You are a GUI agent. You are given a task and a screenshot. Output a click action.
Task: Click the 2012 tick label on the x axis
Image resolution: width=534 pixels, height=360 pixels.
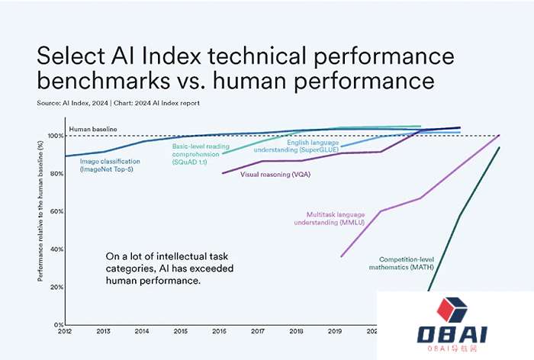(x=66, y=330)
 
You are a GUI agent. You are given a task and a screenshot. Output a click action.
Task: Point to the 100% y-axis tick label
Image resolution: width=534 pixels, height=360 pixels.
(x=55, y=136)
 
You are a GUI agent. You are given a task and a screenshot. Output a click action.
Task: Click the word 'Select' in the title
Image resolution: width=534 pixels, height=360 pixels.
(x=72, y=57)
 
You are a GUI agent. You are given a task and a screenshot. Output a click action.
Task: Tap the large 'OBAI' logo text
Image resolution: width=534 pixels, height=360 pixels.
(x=450, y=335)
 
